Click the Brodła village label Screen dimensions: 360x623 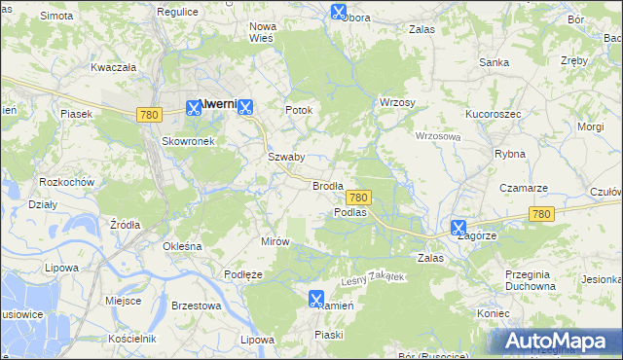pyautogui.click(x=328, y=186)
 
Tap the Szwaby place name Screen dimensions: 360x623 pyautogui.click(x=286, y=157)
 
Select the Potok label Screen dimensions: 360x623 pyautogui.click(x=299, y=110)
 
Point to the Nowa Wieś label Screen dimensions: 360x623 pyautogui.click(x=263, y=32)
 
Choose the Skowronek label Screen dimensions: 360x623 pyautogui.click(x=187, y=140)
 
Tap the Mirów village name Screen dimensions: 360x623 pyautogui.click(x=275, y=240)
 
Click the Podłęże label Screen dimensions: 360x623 pyautogui.click(x=243, y=274)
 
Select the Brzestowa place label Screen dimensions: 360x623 pyautogui.click(x=196, y=306)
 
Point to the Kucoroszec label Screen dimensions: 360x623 pyautogui.click(x=495, y=114)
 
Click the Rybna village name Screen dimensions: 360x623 pyautogui.click(x=510, y=154)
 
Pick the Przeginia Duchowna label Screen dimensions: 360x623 pyautogui.click(x=531, y=280)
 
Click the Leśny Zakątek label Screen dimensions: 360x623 pyautogui.click(x=372, y=279)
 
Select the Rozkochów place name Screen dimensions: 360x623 pyautogui.click(x=66, y=182)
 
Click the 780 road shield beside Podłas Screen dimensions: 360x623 pyautogui.click(x=357, y=198)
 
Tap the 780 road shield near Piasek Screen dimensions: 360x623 pyautogui.click(x=149, y=115)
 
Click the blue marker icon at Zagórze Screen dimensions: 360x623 pyautogui.click(x=458, y=228)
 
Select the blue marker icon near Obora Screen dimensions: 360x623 pyautogui.click(x=338, y=12)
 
